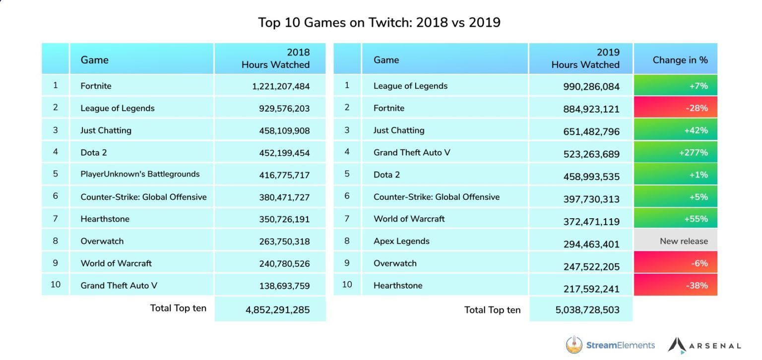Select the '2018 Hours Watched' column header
point(275,59)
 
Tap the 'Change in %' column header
point(680,60)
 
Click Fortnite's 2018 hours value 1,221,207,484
point(280,86)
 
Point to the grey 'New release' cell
point(683,241)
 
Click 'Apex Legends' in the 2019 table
point(401,241)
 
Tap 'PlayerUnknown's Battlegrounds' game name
point(140,174)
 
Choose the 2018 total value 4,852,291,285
point(277,310)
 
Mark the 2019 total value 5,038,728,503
point(587,310)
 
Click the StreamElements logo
point(610,345)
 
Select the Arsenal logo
point(704,345)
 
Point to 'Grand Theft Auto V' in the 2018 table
point(119,286)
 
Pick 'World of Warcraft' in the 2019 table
point(409,219)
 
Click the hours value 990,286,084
point(591,87)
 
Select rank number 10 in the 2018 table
point(56,285)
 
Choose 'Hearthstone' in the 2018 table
point(105,219)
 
